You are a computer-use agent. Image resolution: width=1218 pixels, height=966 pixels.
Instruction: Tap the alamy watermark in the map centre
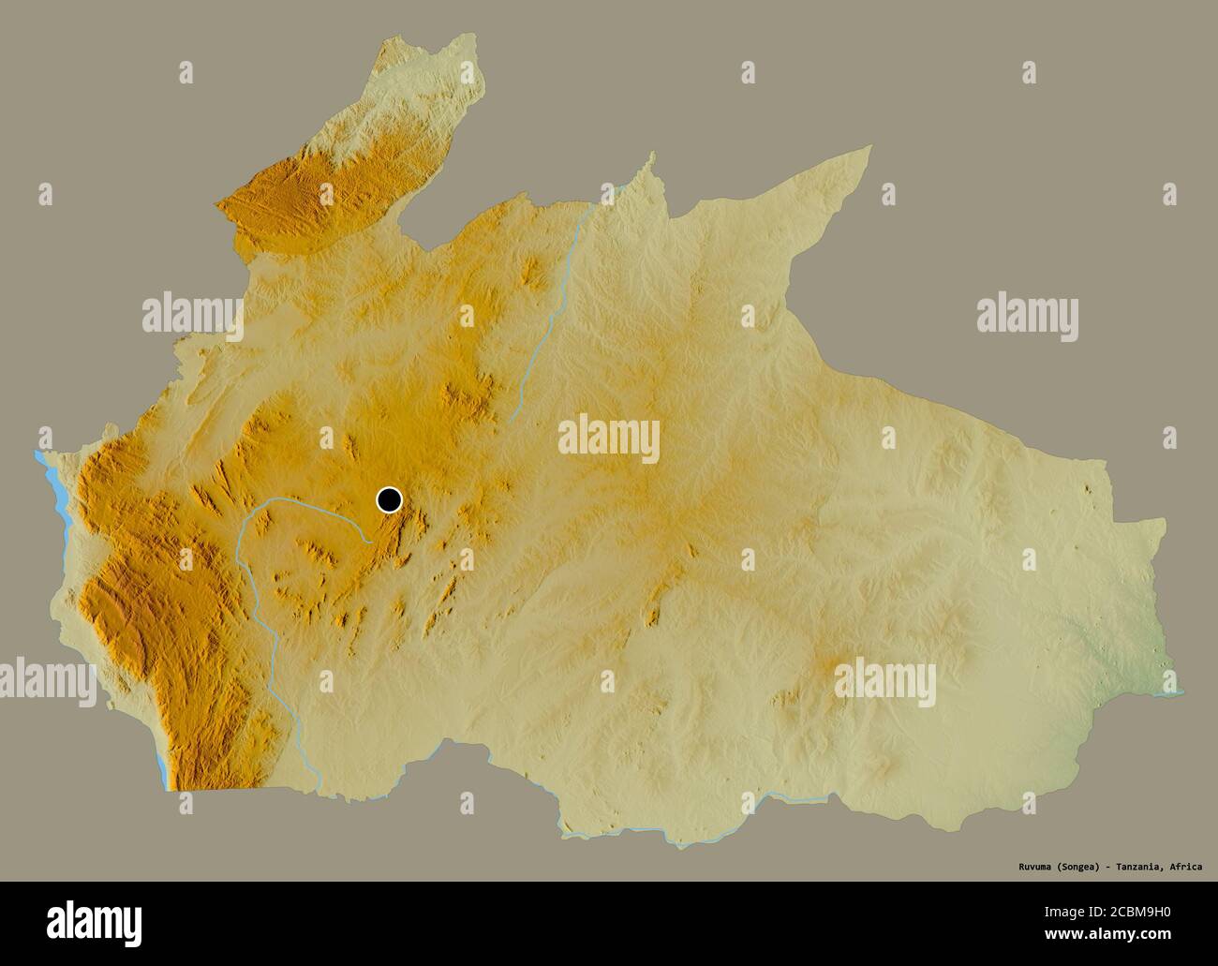coord(609,440)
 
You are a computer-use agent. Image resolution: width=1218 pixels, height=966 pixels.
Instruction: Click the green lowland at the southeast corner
coord(1138,656)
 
